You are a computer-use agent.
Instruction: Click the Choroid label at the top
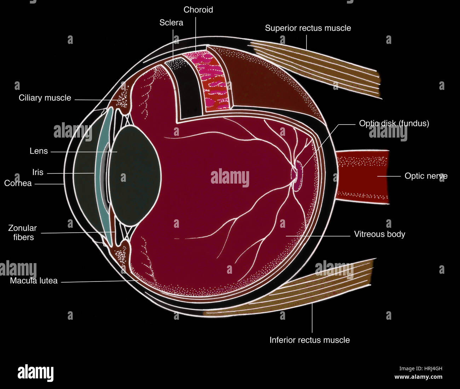pyautogui.click(x=198, y=10)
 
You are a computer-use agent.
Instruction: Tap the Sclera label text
pyautogui.click(x=171, y=23)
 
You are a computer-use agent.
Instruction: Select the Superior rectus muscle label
pyautogui.click(x=308, y=28)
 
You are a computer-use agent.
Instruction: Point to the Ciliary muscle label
pyautogui.click(x=45, y=98)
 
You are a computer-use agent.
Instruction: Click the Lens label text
pyautogui.click(x=39, y=151)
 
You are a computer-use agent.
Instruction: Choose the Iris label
pyautogui.click(x=38, y=172)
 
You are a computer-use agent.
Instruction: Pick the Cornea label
pyautogui.click(x=18, y=183)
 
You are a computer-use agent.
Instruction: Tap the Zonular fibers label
pyautogui.click(x=23, y=233)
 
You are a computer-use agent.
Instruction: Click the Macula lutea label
pyautogui.click(x=34, y=281)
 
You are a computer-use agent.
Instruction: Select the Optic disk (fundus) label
pyautogui.click(x=394, y=123)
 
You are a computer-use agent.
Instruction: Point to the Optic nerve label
pyautogui.click(x=426, y=176)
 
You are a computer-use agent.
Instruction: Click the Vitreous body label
pyautogui.click(x=379, y=234)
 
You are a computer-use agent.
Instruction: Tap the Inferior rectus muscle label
pyautogui.click(x=310, y=340)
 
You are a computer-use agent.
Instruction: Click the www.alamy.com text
pyautogui.click(x=418, y=377)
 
